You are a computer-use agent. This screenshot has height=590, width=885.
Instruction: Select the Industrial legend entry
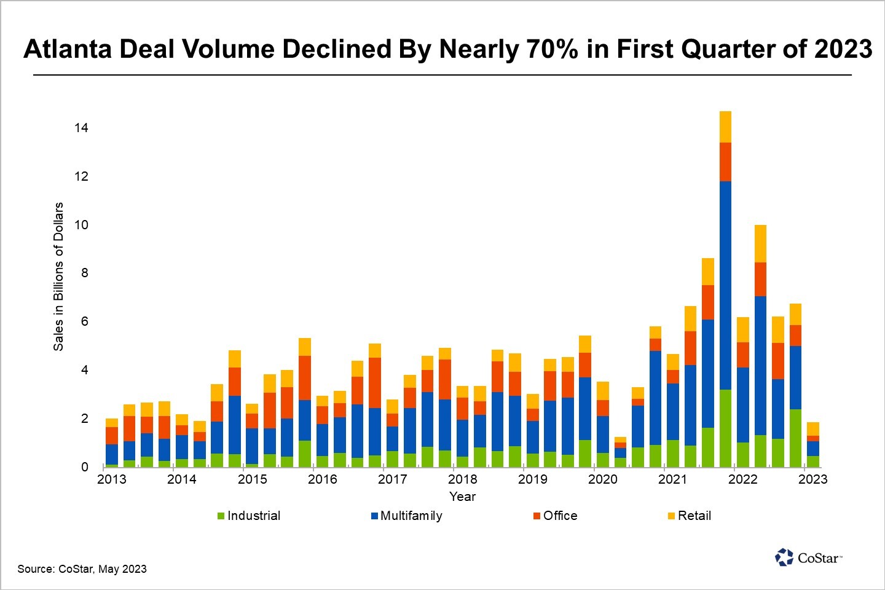(x=249, y=516)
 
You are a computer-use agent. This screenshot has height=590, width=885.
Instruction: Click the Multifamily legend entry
(x=406, y=516)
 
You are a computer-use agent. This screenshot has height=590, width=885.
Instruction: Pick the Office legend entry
(x=556, y=516)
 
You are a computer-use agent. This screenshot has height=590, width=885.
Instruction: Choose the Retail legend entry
(x=690, y=516)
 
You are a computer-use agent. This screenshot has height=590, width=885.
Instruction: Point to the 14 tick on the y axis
(x=81, y=128)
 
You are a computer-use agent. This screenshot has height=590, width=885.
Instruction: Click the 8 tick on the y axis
(x=85, y=273)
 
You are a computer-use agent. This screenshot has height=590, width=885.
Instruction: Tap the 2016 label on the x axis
(x=322, y=479)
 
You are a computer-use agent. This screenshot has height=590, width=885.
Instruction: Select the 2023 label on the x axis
(x=812, y=479)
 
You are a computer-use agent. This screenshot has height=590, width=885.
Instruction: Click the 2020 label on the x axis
(x=602, y=479)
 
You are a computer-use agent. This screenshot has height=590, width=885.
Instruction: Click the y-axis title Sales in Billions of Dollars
(x=58, y=277)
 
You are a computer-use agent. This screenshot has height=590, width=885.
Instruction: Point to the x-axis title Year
(x=462, y=497)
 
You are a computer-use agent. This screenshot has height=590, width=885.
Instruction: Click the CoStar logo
(x=808, y=557)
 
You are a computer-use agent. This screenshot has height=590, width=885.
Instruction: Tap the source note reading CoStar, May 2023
(x=82, y=569)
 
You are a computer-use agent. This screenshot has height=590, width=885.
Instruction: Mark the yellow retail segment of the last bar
(x=813, y=429)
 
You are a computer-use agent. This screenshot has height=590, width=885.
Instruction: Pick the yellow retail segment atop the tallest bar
(x=725, y=127)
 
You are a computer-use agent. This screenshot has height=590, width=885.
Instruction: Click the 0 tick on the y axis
(x=85, y=467)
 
